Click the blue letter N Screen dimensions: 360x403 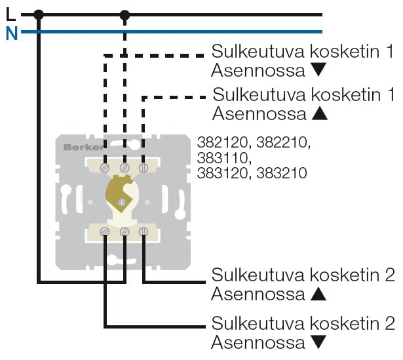(x=11, y=33)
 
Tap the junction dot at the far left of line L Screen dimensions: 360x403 (x=39, y=14)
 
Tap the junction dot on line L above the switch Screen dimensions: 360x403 (x=125, y=14)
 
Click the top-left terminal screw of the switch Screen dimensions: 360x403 (x=105, y=168)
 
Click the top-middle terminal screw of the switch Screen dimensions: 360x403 (x=125, y=169)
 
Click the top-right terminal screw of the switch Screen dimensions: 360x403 (x=143, y=168)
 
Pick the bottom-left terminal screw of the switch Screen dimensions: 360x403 (x=105, y=231)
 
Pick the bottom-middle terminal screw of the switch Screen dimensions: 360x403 (x=125, y=231)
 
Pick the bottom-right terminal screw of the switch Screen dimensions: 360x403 (x=143, y=231)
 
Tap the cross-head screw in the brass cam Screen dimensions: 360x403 (x=121, y=201)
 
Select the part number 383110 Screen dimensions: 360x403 (x=223, y=158)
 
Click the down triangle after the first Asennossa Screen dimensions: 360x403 (x=318, y=69)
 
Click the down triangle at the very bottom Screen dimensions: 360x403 (x=318, y=342)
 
